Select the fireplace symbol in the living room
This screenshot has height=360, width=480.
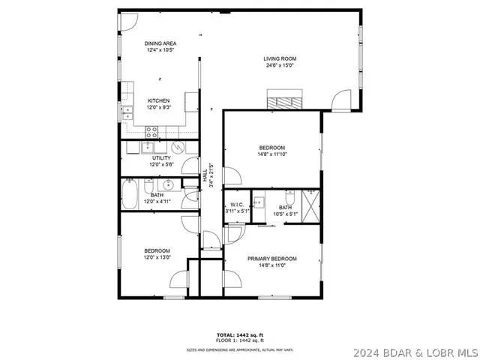click(286, 100)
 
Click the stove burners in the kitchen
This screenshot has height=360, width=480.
click(151, 131)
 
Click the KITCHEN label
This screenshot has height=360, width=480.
click(158, 100)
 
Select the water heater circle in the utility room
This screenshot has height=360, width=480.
click(178, 147)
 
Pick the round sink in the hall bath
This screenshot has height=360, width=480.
click(168, 184)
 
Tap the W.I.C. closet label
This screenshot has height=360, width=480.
click(236, 204)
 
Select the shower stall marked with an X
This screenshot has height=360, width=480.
click(310, 200)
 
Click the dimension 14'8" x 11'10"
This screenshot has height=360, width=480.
click(271, 155)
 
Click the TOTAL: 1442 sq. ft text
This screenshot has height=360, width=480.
click(240, 334)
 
